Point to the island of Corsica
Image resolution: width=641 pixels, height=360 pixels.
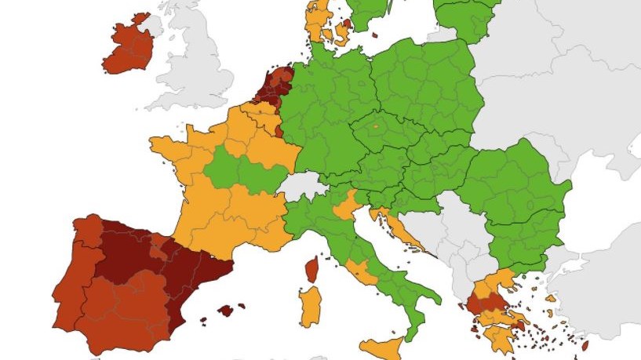coord(311,269)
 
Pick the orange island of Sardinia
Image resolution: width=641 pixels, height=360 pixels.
coord(311,307)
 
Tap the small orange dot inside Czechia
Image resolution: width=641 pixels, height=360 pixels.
coord(375,126)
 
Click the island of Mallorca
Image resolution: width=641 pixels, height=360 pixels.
coord(226,310)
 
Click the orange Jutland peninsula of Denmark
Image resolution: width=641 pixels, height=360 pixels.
coord(319,20)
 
